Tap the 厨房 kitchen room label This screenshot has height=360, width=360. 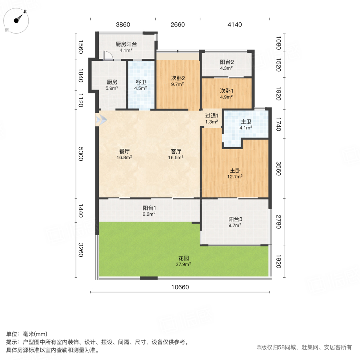click(112, 82)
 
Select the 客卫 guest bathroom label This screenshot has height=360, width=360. click(141, 82)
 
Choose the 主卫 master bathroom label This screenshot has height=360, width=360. click(246, 122)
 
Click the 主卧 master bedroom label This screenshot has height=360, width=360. click(235, 170)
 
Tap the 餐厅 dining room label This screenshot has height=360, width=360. click(124, 151)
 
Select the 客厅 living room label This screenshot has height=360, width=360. click(176, 151)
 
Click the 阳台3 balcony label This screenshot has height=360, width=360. click(235, 219)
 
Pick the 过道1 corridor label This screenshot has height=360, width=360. click(212, 116)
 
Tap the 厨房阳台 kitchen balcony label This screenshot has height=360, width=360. click(126, 44)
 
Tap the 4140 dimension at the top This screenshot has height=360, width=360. click(235, 25)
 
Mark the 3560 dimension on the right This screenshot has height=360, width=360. click(279, 168)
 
